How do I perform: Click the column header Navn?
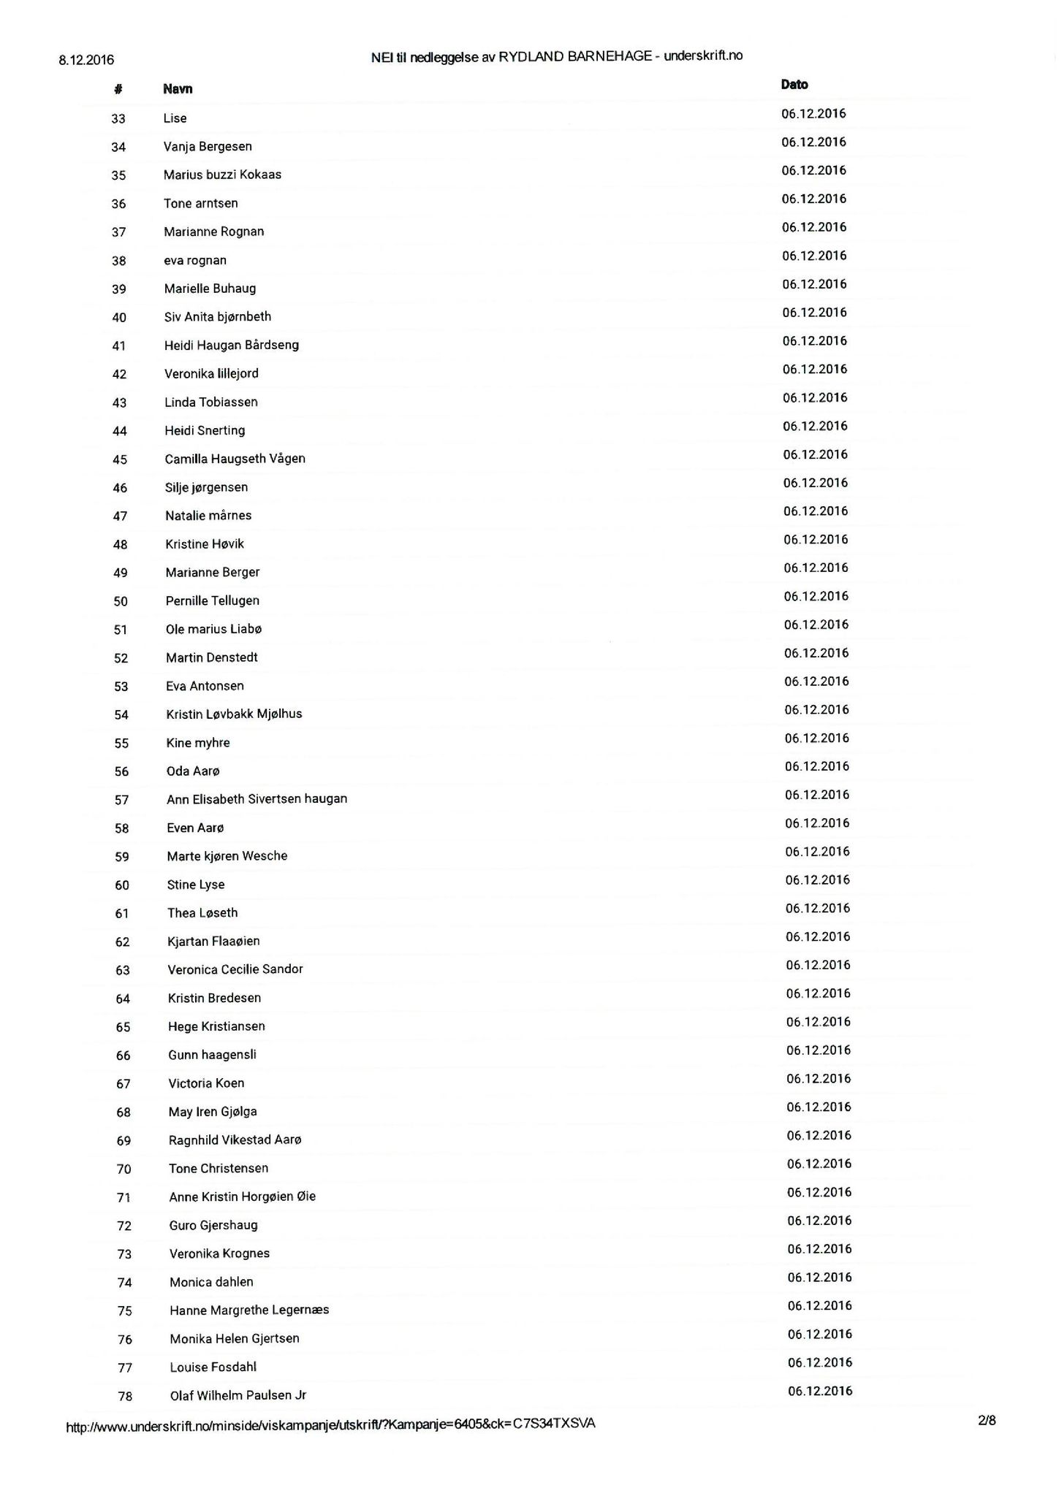click(x=178, y=89)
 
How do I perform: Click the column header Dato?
click(x=794, y=85)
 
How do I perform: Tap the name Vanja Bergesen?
click(x=208, y=147)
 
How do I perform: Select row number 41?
click(x=119, y=346)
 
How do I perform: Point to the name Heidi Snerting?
click(x=205, y=430)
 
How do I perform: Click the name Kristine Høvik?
click(x=205, y=544)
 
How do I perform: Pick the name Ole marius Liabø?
click(x=213, y=629)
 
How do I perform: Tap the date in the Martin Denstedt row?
click(x=816, y=653)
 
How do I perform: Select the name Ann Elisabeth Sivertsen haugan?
click(x=257, y=799)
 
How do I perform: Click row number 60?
click(x=122, y=885)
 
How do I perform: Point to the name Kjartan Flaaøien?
click(x=213, y=942)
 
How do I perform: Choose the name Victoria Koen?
click(x=206, y=1083)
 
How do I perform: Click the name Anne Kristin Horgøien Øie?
click(x=242, y=1197)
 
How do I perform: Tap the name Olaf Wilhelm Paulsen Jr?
click(x=238, y=1395)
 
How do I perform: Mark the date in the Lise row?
click(x=813, y=114)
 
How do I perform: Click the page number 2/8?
click(x=987, y=1420)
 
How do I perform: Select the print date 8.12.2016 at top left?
click(x=86, y=60)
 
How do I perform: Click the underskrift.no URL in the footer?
click(x=330, y=1424)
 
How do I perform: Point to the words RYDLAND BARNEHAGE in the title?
click(x=574, y=56)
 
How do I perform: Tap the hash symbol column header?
click(x=118, y=89)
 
